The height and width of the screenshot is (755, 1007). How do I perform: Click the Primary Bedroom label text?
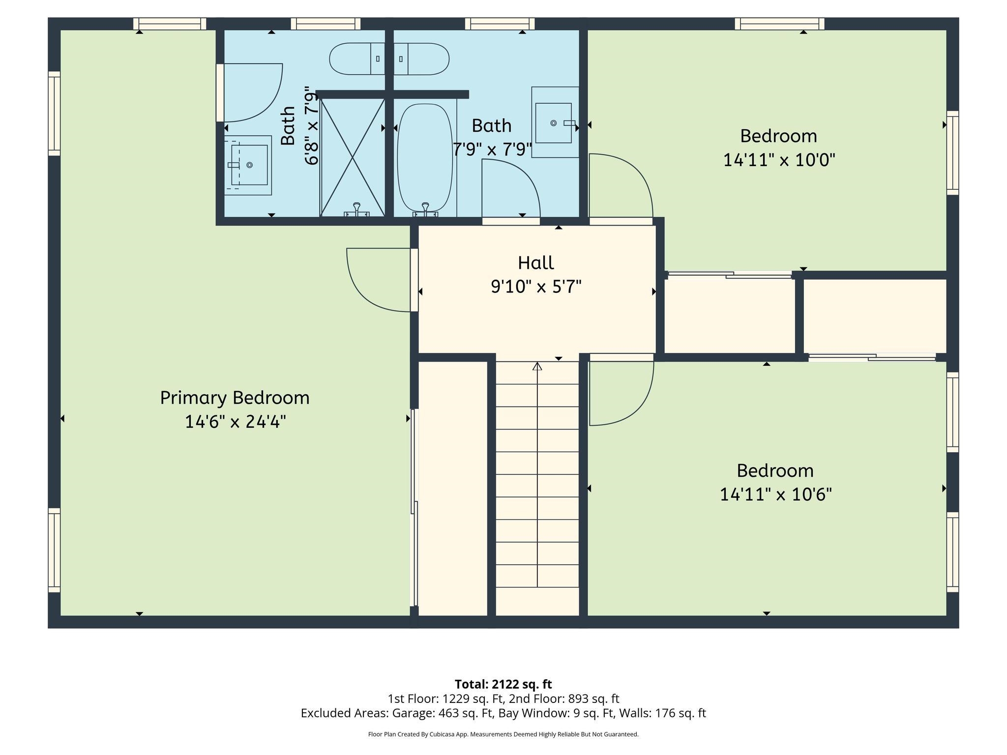coord(235,398)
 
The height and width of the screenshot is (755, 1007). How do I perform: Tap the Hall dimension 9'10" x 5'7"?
coord(536,286)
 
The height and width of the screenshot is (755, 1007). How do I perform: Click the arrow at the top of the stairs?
coord(537,366)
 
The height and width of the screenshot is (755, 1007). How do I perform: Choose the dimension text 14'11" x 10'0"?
coord(779,160)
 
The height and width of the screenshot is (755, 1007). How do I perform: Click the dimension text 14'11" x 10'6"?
coord(775,494)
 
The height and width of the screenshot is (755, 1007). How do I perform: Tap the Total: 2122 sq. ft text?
coord(503,684)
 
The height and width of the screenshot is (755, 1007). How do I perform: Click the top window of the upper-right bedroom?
coord(779,24)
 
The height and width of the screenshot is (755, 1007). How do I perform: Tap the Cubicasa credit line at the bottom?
coord(503,734)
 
